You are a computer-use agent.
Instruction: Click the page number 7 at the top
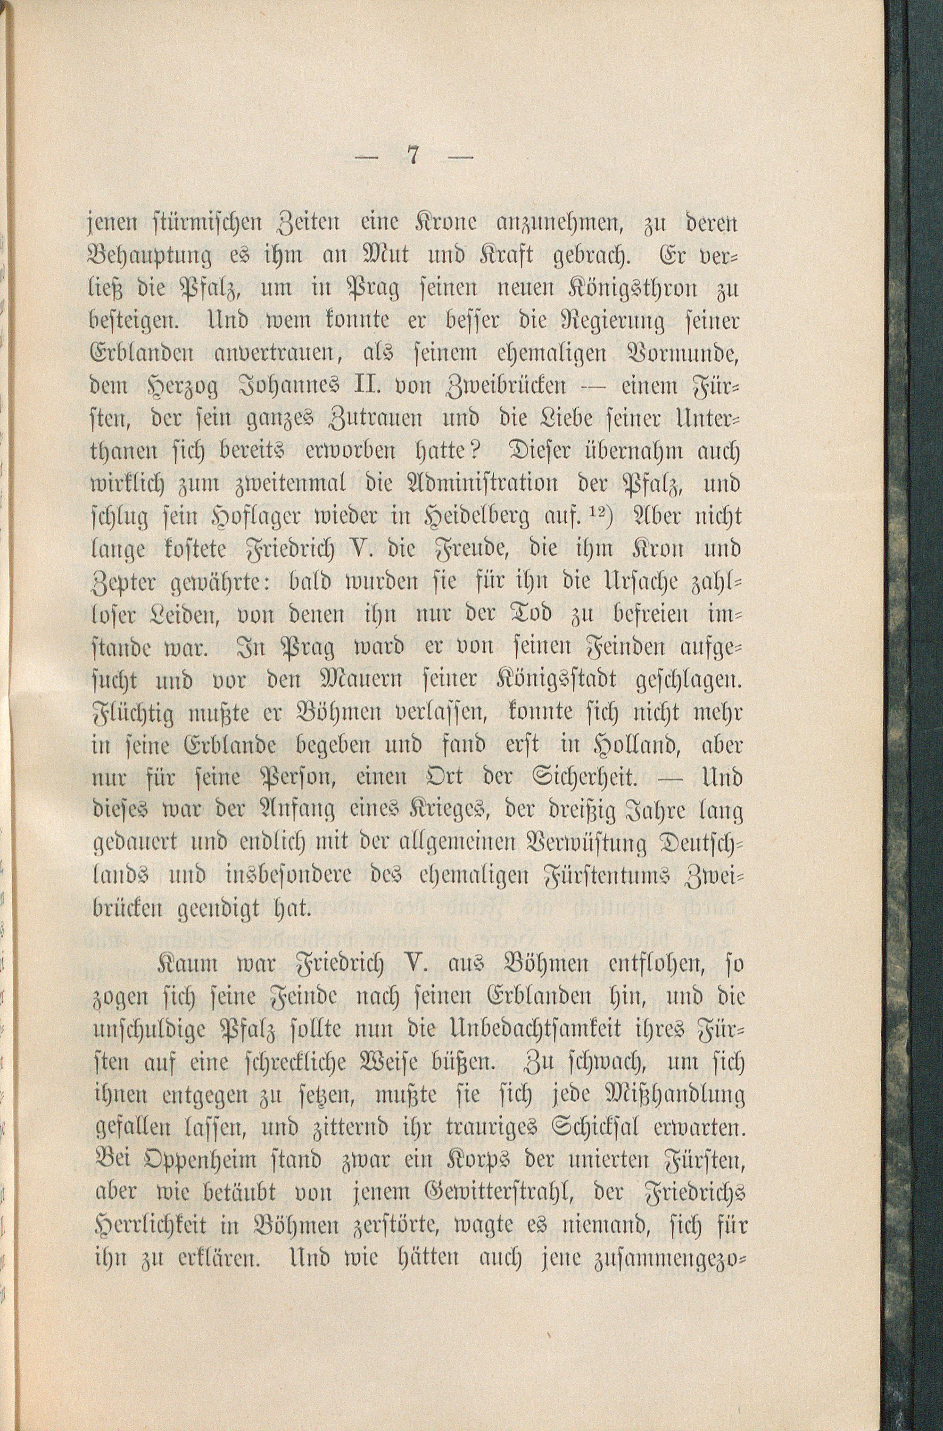click(x=412, y=157)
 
